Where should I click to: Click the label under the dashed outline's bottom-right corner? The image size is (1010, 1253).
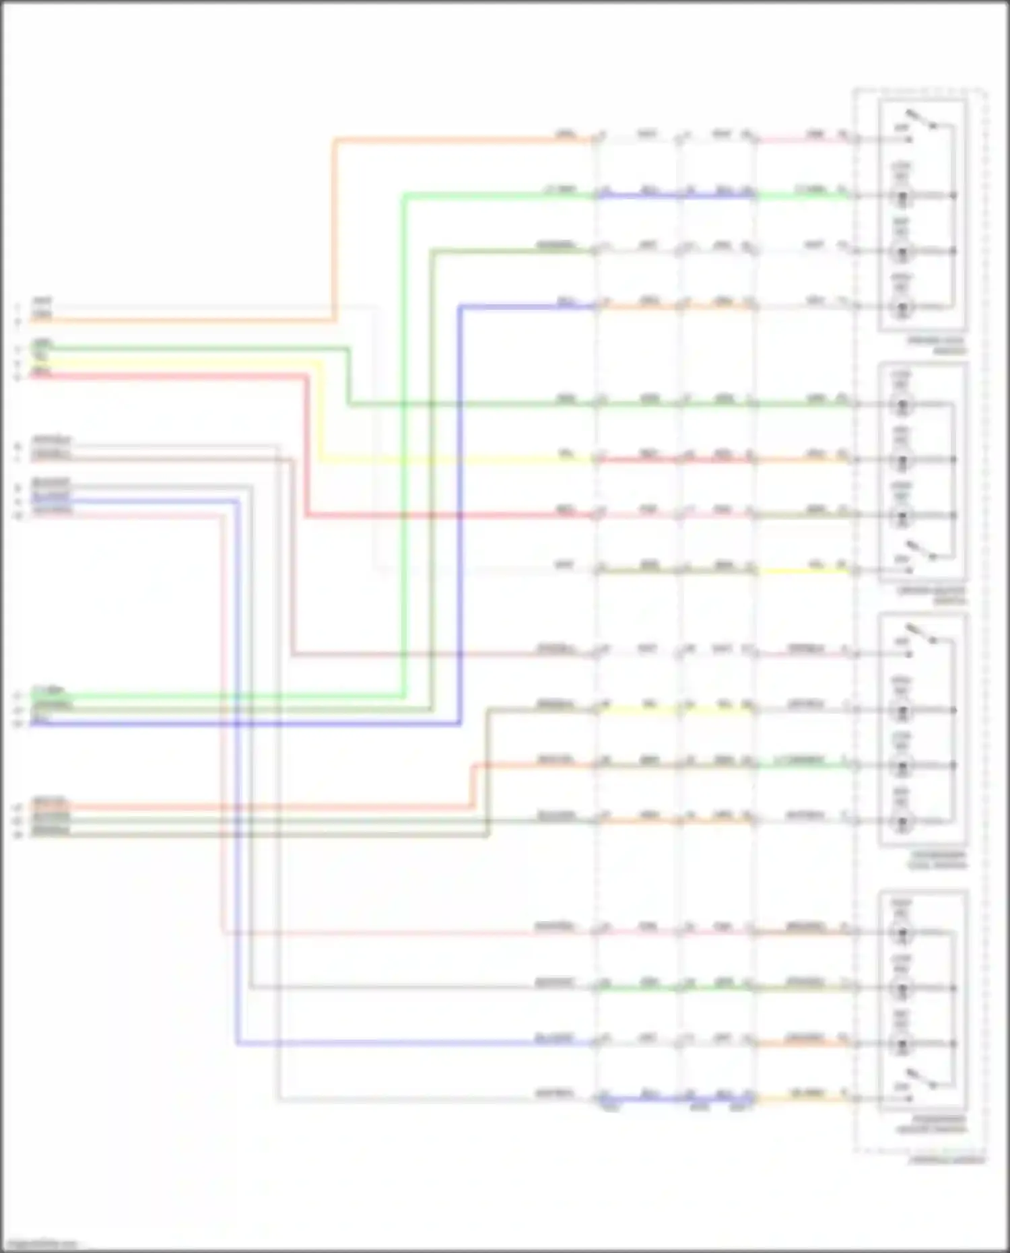(946, 1159)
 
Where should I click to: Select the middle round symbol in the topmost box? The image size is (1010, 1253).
(902, 252)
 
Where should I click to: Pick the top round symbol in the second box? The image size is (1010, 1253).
(902, 405)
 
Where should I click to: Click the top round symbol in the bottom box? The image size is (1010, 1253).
(902, 933)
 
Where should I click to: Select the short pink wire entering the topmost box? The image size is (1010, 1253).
(801, 140)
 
